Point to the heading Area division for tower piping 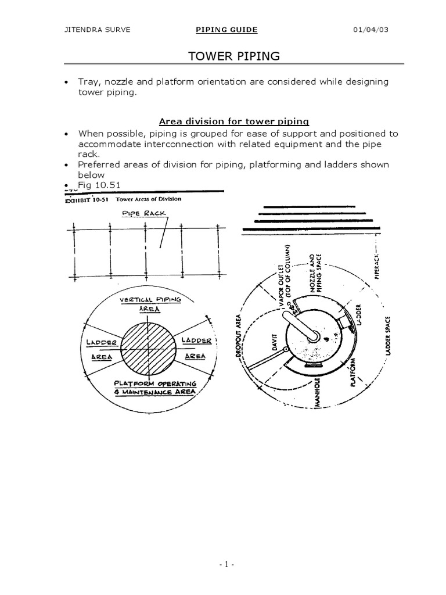point(233,121)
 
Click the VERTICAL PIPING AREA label point(150,304)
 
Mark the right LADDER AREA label point(196,347)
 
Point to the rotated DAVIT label point(276,346)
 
